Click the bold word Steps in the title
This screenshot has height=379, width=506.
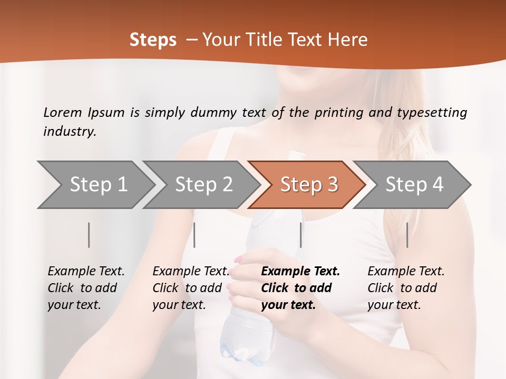[153, 40]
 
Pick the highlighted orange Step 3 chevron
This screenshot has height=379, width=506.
[309, 184]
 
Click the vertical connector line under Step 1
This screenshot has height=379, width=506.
[89, 235]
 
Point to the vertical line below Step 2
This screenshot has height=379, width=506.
[194, 235]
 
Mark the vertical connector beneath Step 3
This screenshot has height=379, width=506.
[300, 235]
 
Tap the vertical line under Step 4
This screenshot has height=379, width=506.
[407, 235]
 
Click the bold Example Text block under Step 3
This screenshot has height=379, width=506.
[300, 288]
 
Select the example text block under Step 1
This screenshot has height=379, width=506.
[86, 288]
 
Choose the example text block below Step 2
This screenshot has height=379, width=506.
[191, 288]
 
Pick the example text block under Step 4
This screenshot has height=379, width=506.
[406, 288]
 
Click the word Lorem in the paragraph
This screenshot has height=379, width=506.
[63, 113]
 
